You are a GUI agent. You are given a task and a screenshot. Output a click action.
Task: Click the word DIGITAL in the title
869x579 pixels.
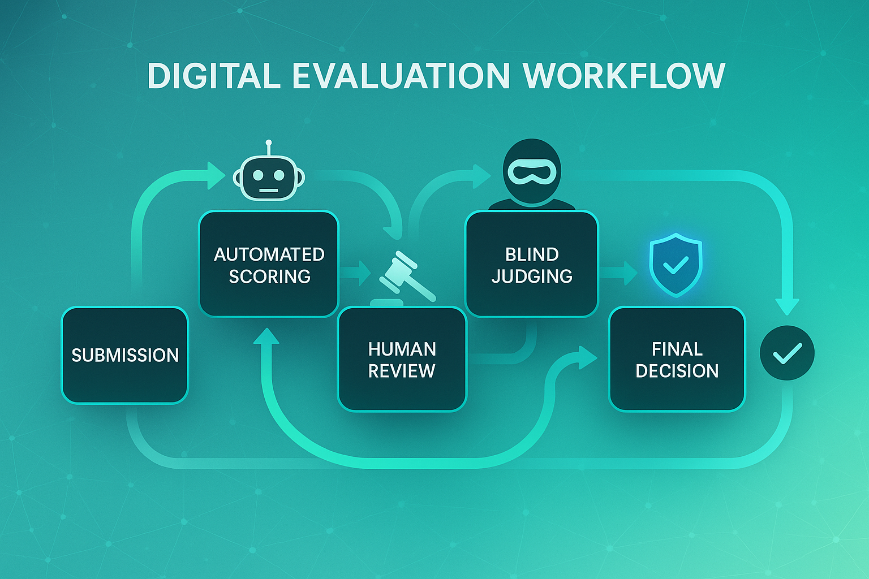coord(214,76)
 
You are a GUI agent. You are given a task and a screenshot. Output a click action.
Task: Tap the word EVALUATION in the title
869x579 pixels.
coord(401,76)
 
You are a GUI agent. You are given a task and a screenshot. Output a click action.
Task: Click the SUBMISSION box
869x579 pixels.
coord(124,355)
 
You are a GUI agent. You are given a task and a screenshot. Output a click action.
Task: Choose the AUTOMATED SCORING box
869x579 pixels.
coord(269,264)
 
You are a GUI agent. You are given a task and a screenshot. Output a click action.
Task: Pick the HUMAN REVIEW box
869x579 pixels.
coord(402,359)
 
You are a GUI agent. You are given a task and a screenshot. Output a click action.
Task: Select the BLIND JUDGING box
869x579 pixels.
coord(531,264)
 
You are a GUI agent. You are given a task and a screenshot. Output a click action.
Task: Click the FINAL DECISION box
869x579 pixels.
coord(677,359)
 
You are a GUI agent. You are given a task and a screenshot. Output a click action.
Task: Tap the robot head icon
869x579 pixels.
coord(269,178)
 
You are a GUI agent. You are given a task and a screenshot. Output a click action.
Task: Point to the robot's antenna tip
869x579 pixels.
coord(269,142)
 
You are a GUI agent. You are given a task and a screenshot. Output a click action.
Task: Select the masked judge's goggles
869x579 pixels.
coord(532,172)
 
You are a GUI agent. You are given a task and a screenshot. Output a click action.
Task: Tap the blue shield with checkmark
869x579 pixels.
coord(676,264)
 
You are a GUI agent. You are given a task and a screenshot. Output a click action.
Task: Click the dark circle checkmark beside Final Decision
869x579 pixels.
coord(787,353)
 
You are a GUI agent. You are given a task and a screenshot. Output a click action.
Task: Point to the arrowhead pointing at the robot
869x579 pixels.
coord(216,175)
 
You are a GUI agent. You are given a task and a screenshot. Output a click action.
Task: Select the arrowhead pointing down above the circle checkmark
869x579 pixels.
coord(787,306)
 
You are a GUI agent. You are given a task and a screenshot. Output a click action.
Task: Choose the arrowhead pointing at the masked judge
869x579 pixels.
coord(482,176)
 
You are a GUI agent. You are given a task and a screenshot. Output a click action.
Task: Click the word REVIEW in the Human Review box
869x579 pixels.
coord(402,371)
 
